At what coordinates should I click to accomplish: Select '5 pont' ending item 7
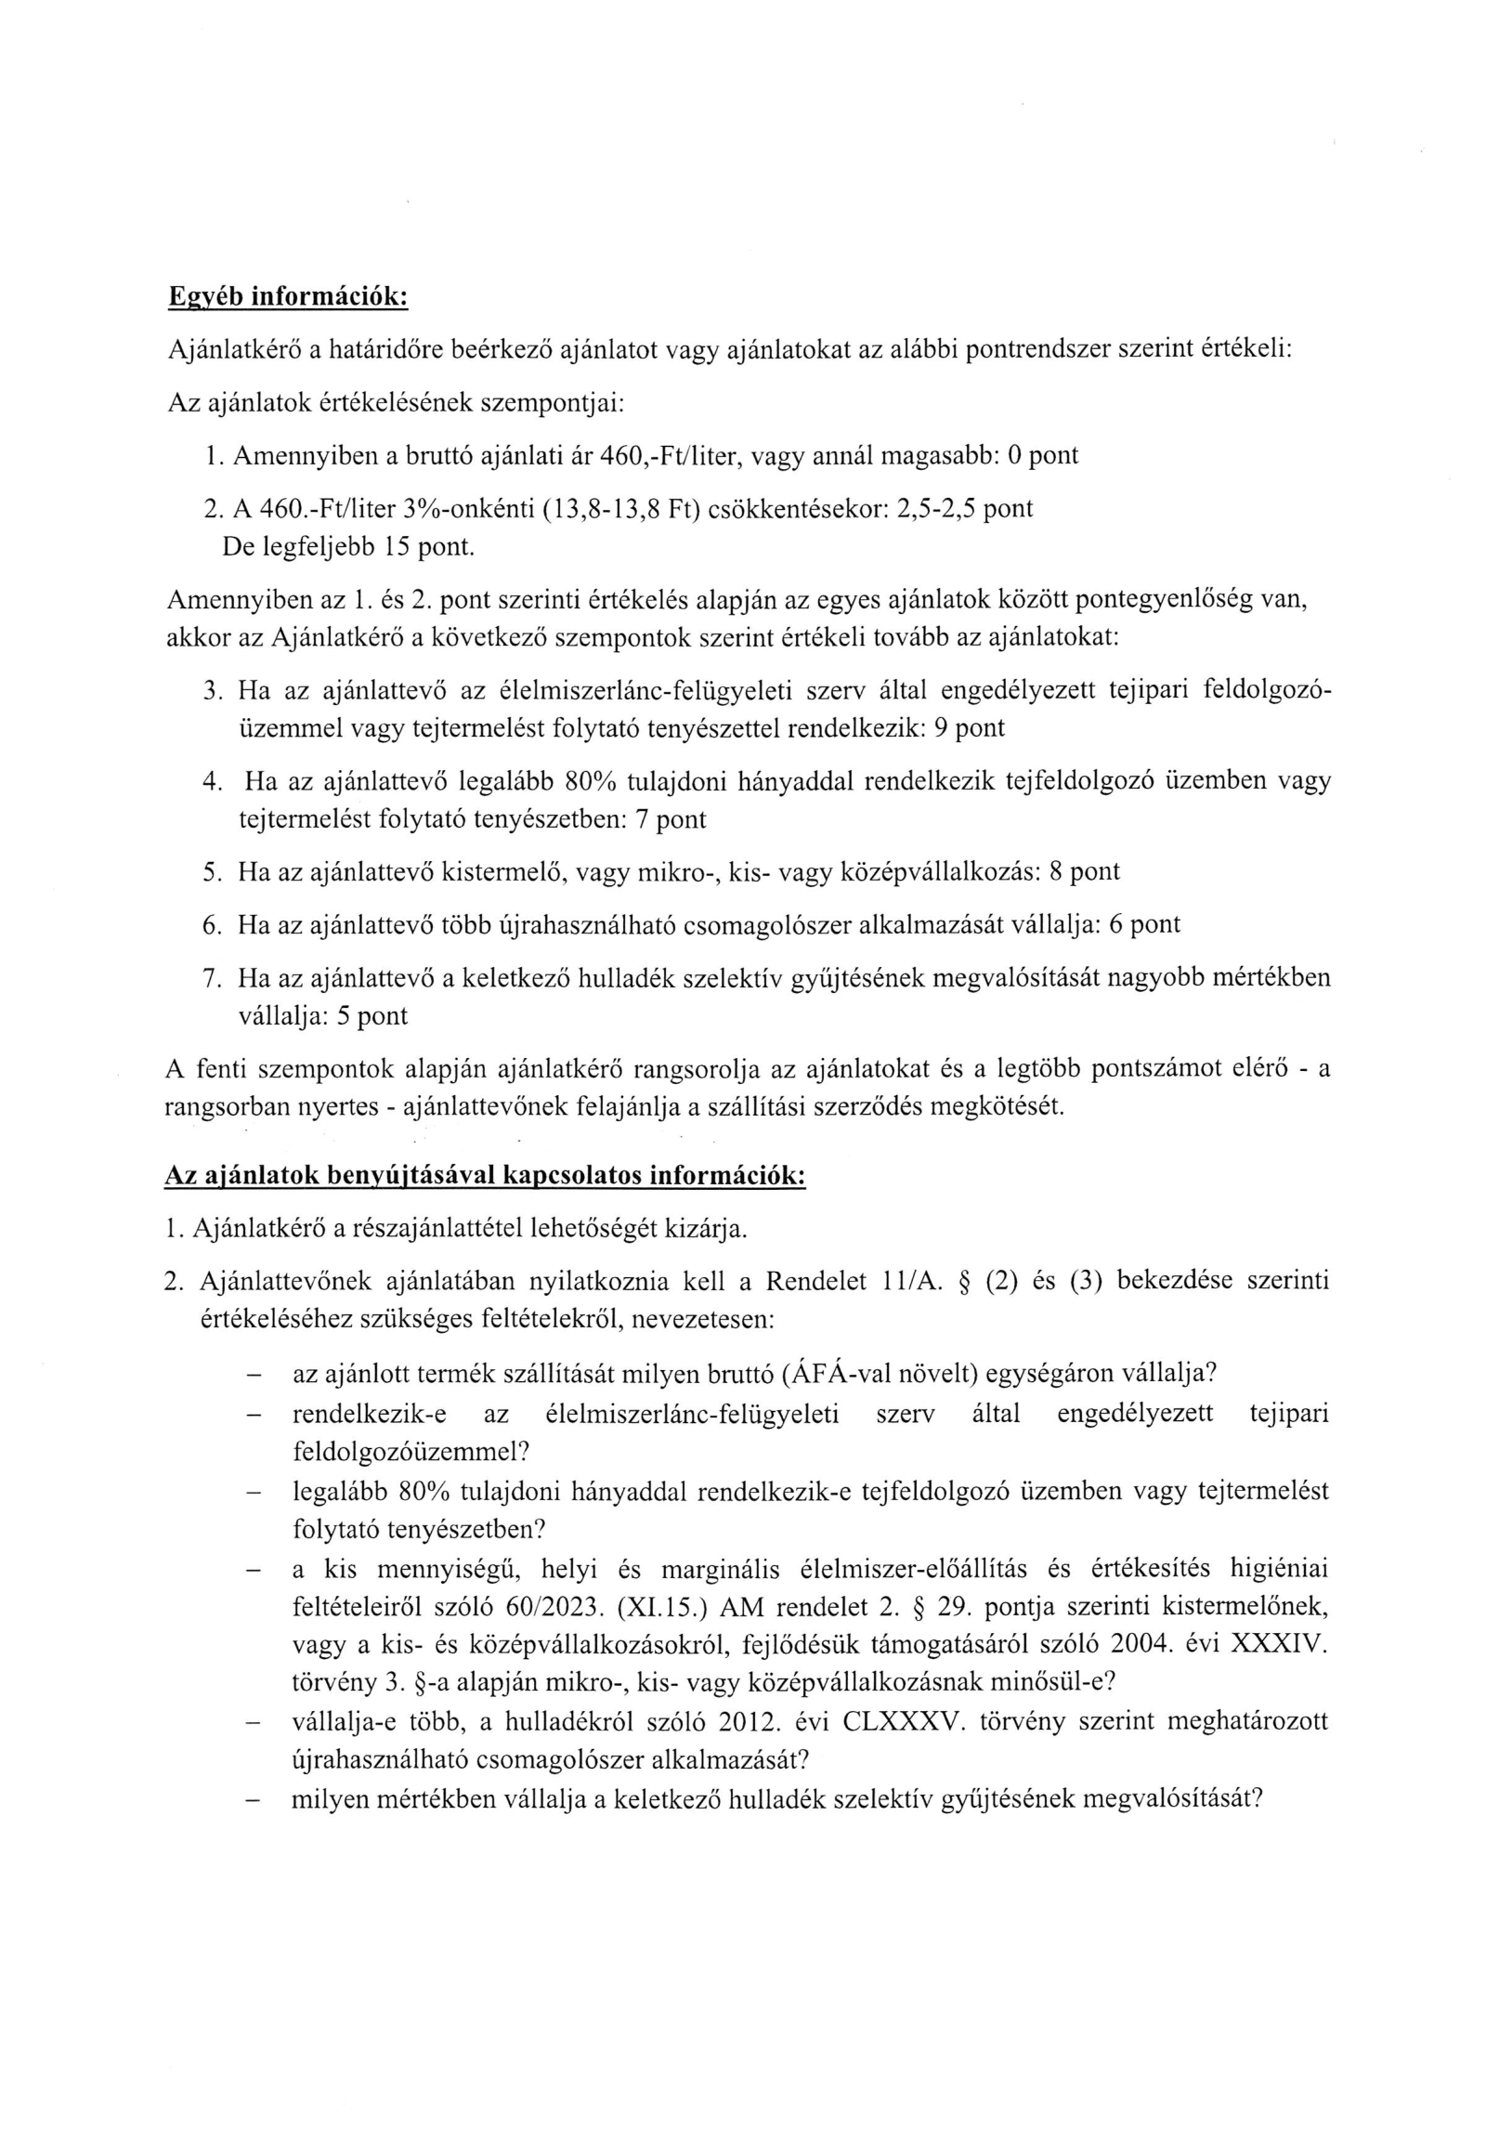coord(371,1015)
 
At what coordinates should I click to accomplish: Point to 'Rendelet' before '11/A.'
coord(808,1282)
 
